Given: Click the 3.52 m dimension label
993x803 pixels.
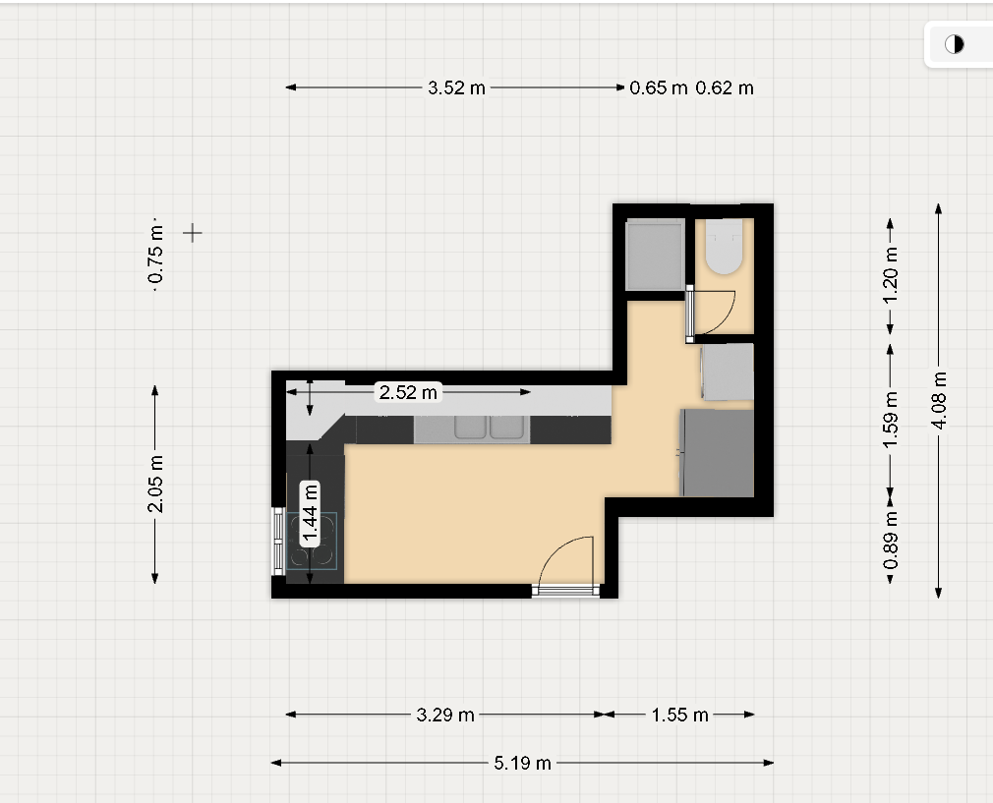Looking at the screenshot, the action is point(456,87).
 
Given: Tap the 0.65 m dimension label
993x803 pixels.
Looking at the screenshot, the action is point(659,87).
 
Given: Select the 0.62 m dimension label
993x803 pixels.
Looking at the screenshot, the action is point(725,87).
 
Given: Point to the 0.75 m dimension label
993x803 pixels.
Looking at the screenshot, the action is point(155,255).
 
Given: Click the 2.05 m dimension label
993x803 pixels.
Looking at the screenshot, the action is point(155,484).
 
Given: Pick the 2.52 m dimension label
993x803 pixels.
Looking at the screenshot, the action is point(408,392).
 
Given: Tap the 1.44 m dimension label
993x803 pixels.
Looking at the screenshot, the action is point(310,513).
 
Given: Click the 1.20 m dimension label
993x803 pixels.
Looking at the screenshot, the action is point(891,275).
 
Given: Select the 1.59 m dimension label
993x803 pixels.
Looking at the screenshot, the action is point(891,420).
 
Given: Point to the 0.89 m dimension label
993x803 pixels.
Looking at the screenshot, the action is point(891,540).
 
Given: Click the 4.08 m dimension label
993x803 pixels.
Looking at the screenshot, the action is point(939,400).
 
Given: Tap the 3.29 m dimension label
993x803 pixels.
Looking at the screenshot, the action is point(445,715).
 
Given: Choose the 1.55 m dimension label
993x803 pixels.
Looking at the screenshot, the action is point(680,715).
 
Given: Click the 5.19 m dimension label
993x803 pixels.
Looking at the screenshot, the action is point(522,763).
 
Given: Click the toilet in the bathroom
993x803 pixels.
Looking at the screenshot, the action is point(724,247).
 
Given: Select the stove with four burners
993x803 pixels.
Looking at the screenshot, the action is point(312,541).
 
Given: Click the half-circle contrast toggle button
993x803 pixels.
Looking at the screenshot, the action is point(955,44).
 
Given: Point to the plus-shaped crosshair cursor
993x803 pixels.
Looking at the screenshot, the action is point(193,233).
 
